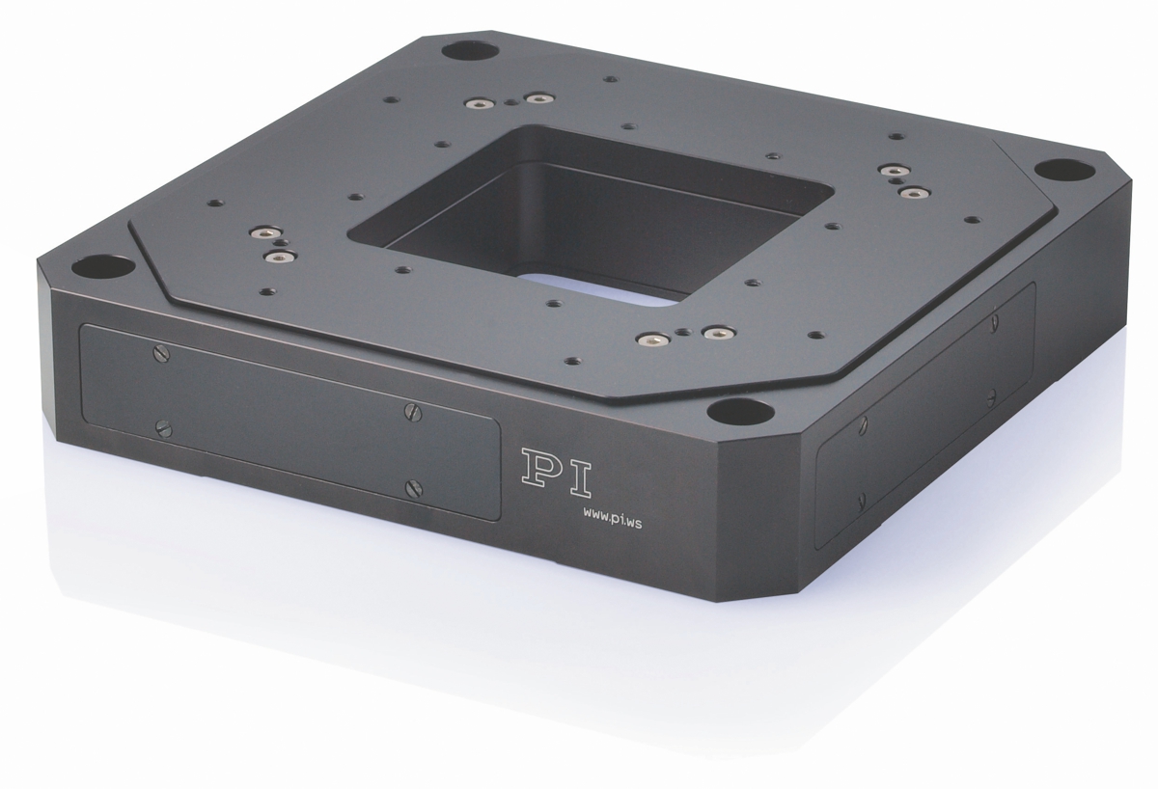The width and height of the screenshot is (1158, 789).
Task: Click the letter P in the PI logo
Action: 540,468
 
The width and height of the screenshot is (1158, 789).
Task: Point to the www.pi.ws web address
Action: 613,523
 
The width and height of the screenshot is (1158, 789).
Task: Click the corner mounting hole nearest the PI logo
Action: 740,412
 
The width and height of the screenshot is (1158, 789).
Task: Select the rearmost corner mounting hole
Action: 471,51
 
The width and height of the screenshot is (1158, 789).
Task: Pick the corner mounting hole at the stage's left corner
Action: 103,267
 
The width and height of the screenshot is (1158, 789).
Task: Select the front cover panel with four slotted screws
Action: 289,422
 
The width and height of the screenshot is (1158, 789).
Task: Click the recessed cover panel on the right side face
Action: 925,416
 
